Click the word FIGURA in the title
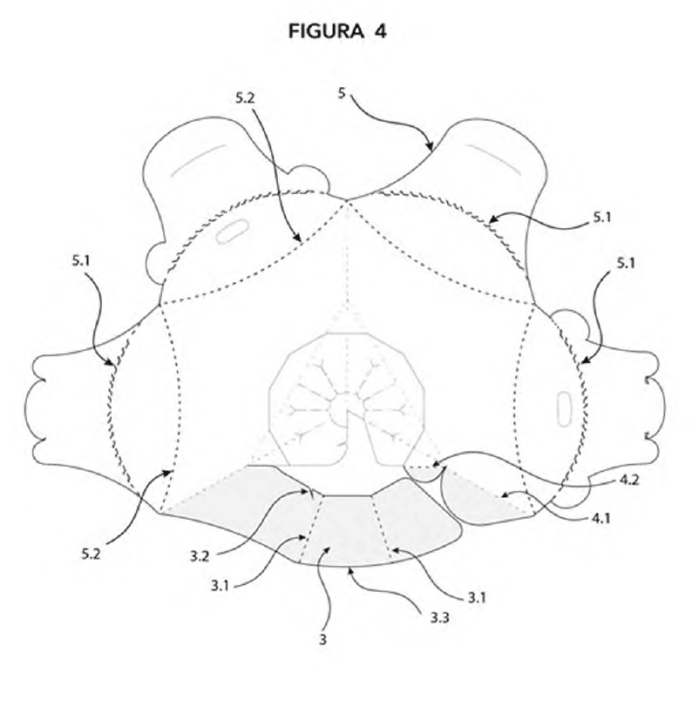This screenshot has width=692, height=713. point(326,31)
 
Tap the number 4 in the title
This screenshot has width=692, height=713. point(380,31)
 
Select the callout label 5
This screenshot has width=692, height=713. point(342,93)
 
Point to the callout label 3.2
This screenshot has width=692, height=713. point(200,556)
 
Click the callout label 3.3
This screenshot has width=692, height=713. point(440,617)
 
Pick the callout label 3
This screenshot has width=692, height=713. point(322,640)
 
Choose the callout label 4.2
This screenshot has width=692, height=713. point(629,480)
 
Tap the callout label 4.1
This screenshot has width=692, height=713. point(600,518)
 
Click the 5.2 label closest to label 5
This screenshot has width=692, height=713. point(245,98)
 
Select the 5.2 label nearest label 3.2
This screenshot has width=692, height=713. point(91,554)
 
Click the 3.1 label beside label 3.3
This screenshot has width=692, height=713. point(477,597)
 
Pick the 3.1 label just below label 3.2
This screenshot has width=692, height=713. point(220,586)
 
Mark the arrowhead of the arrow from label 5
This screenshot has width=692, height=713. point(430,146)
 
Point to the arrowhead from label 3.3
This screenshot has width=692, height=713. point(349,569)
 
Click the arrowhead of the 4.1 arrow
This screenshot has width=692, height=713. point(504,495)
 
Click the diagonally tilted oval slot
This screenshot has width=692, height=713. point(232,231)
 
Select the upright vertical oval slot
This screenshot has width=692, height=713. point(565,409)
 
